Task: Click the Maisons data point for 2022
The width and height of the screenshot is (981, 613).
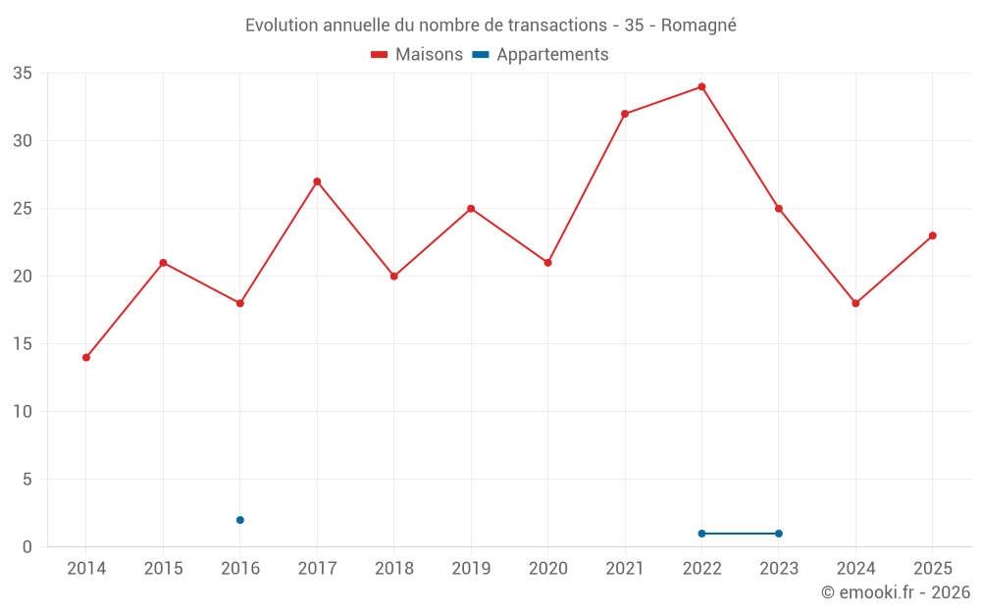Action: (x=701, y=87)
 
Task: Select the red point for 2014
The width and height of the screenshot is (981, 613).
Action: (x=86, y=358)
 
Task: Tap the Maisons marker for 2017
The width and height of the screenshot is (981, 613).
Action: (x=317, y=181)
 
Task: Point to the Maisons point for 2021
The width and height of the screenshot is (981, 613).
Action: (x=624, y=114)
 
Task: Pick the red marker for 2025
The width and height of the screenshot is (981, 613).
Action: (x=932, y=235)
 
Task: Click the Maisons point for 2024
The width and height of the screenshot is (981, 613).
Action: (x=855, y=303)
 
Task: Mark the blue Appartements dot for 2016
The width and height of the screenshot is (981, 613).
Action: (x=240, y=520)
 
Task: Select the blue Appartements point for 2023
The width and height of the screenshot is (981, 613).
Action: (x=778, y=534)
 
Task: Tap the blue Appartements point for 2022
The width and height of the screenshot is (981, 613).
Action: (x=701, y=534)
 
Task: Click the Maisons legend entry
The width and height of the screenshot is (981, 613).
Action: (x=417, y=54)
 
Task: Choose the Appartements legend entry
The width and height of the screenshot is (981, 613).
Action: (x=540, y=54)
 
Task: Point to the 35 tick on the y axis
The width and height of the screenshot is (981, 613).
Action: (x=23, y=74)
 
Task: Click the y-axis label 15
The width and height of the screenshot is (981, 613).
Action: (x=23, y=344)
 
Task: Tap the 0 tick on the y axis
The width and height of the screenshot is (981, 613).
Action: (x=26, y=547)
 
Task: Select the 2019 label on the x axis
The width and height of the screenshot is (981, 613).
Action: (x=471, y=568)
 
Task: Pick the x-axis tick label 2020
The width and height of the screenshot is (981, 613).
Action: (x=548, y=568)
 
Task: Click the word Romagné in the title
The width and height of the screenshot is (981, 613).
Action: (x=698, y=26)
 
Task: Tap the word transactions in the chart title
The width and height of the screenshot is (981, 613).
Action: (x=557, y=26)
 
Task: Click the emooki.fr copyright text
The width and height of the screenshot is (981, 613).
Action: (x=896, y=592)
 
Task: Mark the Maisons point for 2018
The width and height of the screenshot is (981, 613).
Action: (x=394, y=277)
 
